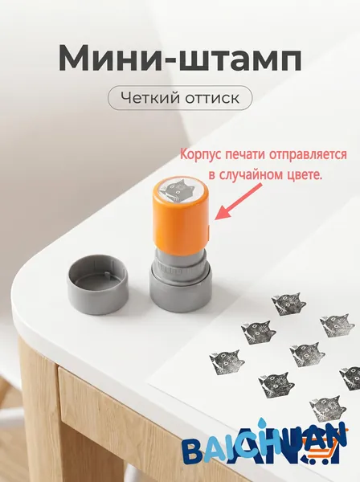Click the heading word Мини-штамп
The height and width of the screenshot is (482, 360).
pyautogui.click(x=180, y=59)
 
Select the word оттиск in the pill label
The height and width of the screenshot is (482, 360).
pyautogui.click(x=212, y=99)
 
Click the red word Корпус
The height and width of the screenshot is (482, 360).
pyautogui.click(x=201, y=154)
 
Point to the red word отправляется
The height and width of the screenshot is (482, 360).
pyautogui.click(x=308, y=154)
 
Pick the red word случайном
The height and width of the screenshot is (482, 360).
pyautogui.click(x=247, y=175)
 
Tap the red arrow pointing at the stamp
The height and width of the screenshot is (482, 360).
pyautogui.click(x=238, y=202)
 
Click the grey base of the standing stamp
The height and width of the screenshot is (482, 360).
pyautogui.click(x=181, y=290)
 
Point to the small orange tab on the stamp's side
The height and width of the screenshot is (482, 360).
pyautogui.click(x=208, y=233)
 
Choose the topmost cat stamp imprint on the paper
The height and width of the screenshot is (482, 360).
pyautogui.click(x=288, y=304)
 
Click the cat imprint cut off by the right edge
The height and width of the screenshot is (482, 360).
pyautogui.click(x=350, y=378)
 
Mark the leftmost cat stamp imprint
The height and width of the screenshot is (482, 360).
pyautogui.click(x=227, y=362)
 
